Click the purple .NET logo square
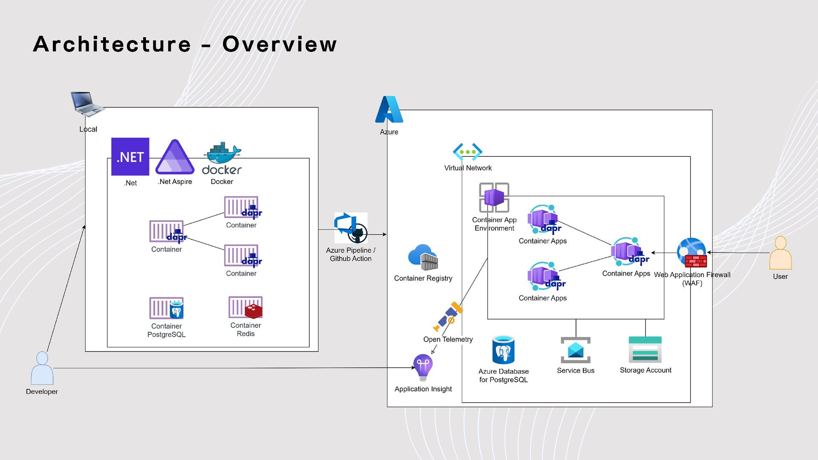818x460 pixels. tap(130, 156)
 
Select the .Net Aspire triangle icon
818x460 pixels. tap(175, 157)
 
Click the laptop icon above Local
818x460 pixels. tap(86, 103)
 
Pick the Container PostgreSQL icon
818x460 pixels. tap(167, 308)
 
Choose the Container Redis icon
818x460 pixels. tap(245, 307)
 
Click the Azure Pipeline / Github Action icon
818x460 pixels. tap(351, 228)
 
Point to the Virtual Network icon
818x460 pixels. tap(467, 152)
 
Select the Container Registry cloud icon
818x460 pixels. tap(423, 257)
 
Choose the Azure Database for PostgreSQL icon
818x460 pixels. tap(503, 350)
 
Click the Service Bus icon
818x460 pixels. tap(576, 350)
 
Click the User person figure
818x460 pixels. tap(780, 253)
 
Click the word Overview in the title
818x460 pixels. tap(279, 44)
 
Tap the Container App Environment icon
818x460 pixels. tap(494, 197)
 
